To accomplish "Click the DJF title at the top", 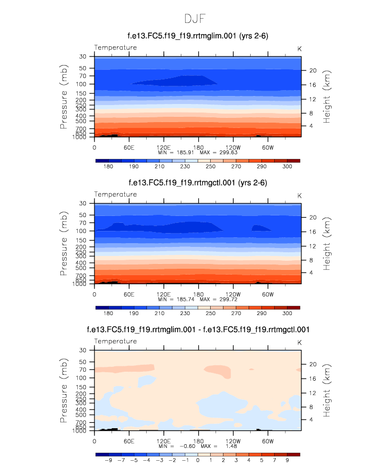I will click(x=195, y=19).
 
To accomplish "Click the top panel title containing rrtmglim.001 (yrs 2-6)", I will click(x=197, y=36).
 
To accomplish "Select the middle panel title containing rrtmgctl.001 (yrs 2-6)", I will click(x=197, y=183).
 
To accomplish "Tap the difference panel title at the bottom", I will click(x=197, y=330).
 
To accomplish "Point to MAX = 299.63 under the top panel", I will click(x=218, y=152).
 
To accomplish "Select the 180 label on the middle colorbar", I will click(x=108, y=314).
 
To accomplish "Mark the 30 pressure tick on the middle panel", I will click(x=83, y=204).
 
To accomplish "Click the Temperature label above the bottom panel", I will click(x=115, y=341).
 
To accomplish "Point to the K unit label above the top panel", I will click(x=299, y=48).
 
